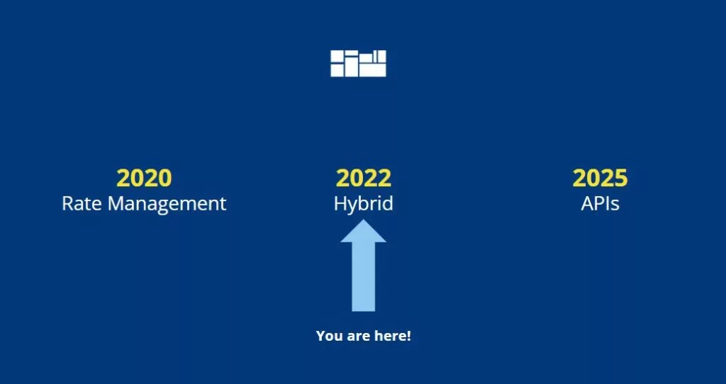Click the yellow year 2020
pyautogui.click(x=144, y=178)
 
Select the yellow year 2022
pyautogui.click(x=364, y=178)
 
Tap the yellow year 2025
pyautogui.click(x=600, y=178)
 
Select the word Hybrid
pyautogui.click(x=364, y=204)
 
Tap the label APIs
pyautogui.click(x=600, y=203)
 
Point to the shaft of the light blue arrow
pyautogui.click(x=364, y=277)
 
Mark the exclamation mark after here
pyautogui.click(x=408, y=336)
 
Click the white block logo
pyautogui.click(x=358, y=63)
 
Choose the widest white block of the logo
pyautogui.click(x=373, y=70)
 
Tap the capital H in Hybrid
pyautogui.click(x=340, y=203)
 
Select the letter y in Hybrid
pyautogui.click(x=354, y=208)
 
